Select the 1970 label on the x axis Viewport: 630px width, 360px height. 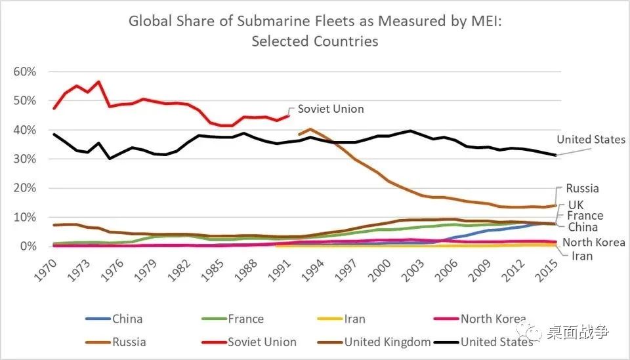click(47, 266)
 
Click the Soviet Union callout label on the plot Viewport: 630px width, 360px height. click(331, 109)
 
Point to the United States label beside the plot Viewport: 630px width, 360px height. click(591, 140)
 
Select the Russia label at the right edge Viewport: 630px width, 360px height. click(582, 188)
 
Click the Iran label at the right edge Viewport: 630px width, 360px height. click(582, 256)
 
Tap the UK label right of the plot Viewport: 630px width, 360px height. click(576, 205)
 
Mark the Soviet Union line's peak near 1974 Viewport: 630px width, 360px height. click(99, 82)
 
